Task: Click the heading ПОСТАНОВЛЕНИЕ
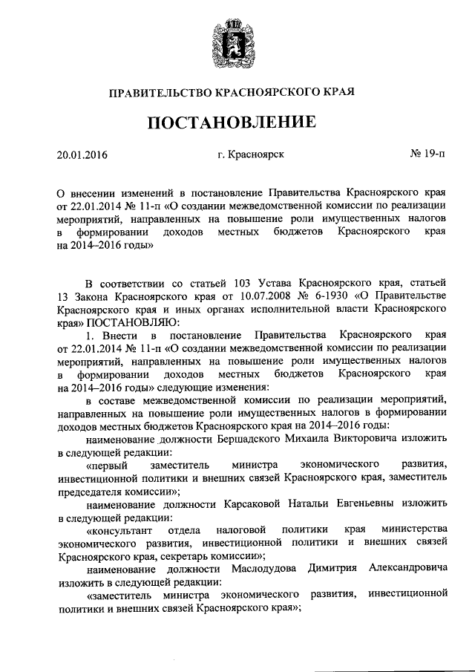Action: tap(237, 121)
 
